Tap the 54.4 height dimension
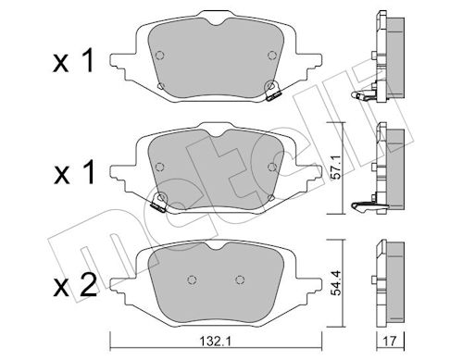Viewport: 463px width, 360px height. [348, 279]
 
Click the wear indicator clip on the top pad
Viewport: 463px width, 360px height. [272, 91]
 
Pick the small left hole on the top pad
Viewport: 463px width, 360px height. [159, 89]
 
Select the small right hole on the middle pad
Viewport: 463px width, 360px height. [272, 168]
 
